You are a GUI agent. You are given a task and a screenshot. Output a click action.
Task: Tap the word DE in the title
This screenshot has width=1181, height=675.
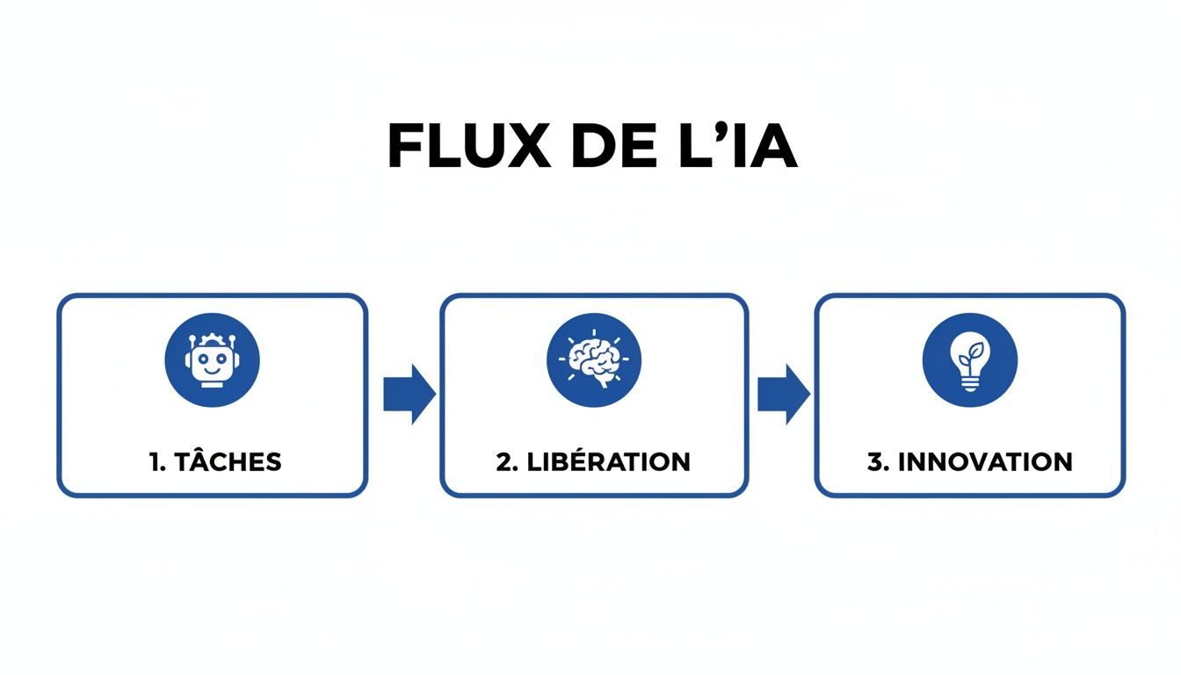coord(602,147)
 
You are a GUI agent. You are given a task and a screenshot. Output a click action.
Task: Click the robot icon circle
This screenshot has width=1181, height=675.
coord(212,360)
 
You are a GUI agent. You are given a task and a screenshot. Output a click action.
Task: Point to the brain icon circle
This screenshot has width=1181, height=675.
coord(594,360)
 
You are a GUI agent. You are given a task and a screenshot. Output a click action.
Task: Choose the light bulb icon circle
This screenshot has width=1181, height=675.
coord(969,360)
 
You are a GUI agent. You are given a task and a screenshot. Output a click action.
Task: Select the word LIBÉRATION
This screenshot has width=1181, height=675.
coord(607,461)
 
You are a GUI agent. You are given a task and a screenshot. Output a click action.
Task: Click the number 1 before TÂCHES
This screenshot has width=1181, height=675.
coord(155,462)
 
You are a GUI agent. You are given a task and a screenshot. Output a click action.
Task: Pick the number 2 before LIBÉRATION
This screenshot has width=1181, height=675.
coord(504,462)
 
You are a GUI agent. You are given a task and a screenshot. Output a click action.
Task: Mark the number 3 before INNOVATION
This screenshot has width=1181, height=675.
coord(875,462)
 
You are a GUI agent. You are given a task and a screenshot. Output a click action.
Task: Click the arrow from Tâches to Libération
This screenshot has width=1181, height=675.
coord(409,394)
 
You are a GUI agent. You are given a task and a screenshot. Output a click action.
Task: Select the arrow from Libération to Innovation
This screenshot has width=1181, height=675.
coord(784,394)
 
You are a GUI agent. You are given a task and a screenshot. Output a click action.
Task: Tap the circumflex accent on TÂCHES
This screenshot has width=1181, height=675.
coord(198,447)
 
